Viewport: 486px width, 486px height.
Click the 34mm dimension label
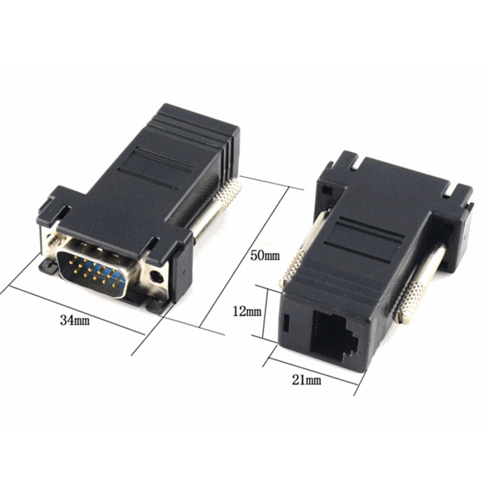point(75,320)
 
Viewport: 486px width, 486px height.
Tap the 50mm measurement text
point(265,255)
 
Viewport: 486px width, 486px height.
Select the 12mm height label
point(246,311)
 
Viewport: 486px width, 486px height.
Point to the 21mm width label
point(306,381)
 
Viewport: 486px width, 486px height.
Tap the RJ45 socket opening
point(336,335)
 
